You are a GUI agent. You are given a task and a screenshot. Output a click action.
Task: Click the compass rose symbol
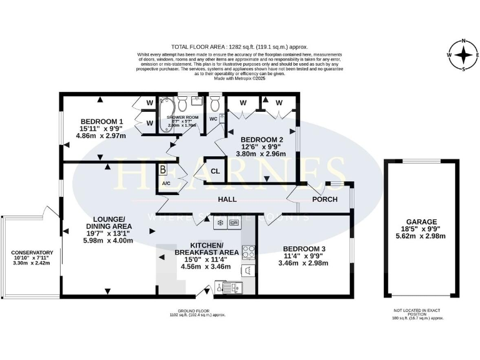[463, 55]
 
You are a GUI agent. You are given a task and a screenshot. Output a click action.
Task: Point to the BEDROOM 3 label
[304, 248]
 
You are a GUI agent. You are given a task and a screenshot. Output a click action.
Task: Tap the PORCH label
[324, 199]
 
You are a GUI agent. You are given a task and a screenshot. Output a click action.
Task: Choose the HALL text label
[227, 199]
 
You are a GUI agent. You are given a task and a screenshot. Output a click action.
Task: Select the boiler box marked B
[163, 169]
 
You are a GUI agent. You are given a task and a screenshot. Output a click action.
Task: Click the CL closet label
[215, 171]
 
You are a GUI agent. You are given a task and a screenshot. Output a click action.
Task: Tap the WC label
[214, 119]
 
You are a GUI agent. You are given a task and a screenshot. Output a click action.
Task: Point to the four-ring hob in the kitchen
[248, 252]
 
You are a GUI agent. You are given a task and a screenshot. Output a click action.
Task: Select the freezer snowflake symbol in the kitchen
[220, 222]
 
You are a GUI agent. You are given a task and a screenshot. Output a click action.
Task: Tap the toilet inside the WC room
[214, 102]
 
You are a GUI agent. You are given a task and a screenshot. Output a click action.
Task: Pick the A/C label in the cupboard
[166, 184]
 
